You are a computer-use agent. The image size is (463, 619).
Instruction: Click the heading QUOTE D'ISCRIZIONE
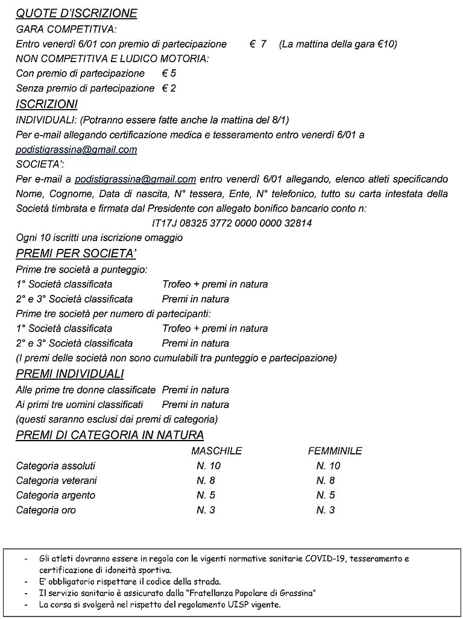(77, 13)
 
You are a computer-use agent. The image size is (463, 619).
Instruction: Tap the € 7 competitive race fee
(258, 44)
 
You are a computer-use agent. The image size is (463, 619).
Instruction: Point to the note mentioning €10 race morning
(338, 44)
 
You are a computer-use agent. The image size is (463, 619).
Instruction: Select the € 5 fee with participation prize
(169, 74)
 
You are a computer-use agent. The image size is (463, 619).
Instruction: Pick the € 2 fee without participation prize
(169, 88)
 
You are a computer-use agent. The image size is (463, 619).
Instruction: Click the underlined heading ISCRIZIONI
(46, 104)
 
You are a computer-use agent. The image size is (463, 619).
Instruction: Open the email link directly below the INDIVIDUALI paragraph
(77, 149)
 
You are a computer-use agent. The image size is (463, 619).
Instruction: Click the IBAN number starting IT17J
(232, 223)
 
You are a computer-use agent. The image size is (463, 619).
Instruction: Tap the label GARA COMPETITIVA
(66, 29)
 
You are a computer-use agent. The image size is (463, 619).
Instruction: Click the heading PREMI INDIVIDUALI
(70, 374)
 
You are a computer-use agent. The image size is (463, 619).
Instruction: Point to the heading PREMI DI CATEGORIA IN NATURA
(110, 435)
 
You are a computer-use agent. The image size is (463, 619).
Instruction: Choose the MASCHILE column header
(216, 451)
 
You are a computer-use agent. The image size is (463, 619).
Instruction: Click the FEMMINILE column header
(335, 451)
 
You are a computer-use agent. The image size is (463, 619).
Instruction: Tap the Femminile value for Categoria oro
(326, 510)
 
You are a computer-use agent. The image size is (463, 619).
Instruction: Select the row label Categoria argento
(55, 495)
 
